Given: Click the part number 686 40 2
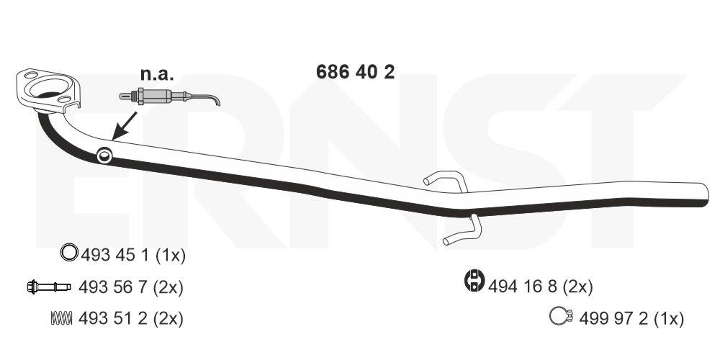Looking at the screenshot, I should pos(355,73).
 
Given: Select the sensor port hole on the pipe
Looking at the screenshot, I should pos(104,153).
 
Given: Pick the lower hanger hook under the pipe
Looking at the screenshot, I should pos(460,232).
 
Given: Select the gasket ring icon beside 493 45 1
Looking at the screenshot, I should pos(68,253).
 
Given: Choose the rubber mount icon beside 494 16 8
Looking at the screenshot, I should pos(474,282).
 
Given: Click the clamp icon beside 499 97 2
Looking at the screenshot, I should pos(559,316).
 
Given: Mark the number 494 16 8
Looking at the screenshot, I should pos(521,287).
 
